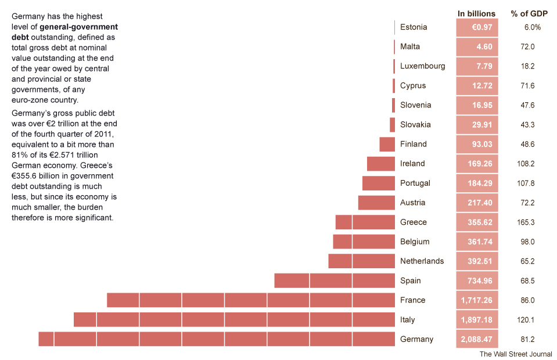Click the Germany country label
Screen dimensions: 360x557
(x=416, y=339)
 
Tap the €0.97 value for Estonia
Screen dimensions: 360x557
(x=481, y=27)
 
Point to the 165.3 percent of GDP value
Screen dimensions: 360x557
(x=525, y=222)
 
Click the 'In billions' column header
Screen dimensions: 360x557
(x=476, y=14)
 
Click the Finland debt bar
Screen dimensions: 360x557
(x=387, y=144)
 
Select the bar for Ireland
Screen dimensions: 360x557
(x=380, y=164)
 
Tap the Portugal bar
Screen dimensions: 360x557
(x=378, y=183)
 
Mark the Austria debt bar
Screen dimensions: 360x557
(x=376, y=203)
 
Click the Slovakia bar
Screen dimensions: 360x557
(x=392, y=125)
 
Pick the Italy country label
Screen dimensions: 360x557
(x=407, y=320)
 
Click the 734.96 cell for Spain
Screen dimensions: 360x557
(x=480, y=281)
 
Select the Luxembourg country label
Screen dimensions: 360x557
(x=422, y=66)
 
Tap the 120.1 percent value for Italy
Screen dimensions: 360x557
(x=525, y=320)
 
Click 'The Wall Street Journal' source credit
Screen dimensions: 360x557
(x=516, y=354)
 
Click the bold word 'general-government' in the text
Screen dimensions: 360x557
(x=78, y=27)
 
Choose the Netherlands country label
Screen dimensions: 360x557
(x=422, y=261)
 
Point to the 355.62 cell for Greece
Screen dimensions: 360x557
(x=480, y=222)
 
